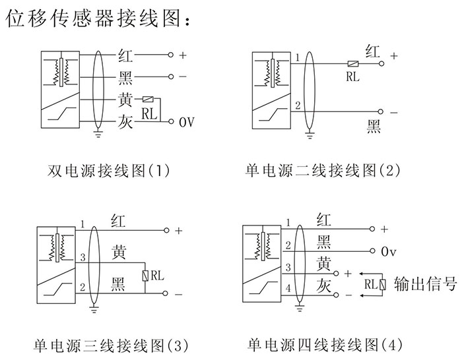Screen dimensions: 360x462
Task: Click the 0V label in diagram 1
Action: tap(187, 122)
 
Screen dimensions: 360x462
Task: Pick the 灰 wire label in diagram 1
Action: tap(125, 122)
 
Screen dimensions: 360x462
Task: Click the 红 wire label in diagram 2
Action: tap(373, 51)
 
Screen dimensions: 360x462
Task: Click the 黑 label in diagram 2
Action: tap(374, 125)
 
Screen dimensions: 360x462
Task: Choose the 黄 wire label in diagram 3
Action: tap(119, 251)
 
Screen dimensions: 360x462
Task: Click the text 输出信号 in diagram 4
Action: tap(425, 284)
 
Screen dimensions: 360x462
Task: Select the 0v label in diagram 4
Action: tap(389, 252)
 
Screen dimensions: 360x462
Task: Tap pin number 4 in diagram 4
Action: tap(288, 289)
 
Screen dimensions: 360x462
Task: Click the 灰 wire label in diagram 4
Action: tap(323, 285)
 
